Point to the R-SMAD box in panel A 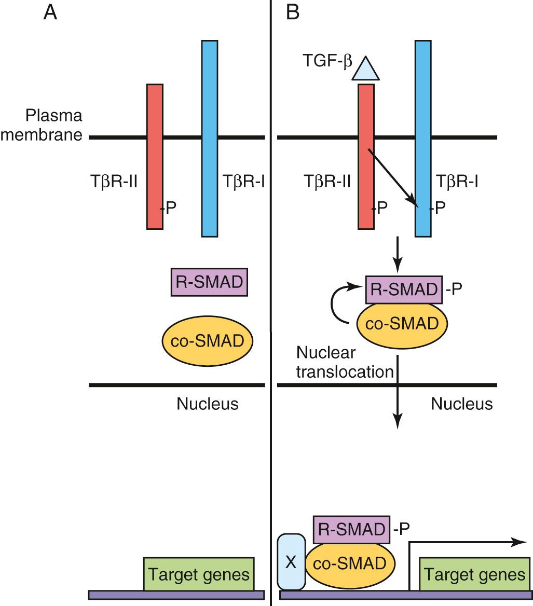click(x=209, y=283)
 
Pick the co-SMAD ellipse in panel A click(x=209, y=341)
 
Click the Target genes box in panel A click(x=199, y=574)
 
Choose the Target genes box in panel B click(x=474, y=574)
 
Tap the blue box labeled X click(x=291, y=562)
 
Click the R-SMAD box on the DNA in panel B click(x=351, y=529)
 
